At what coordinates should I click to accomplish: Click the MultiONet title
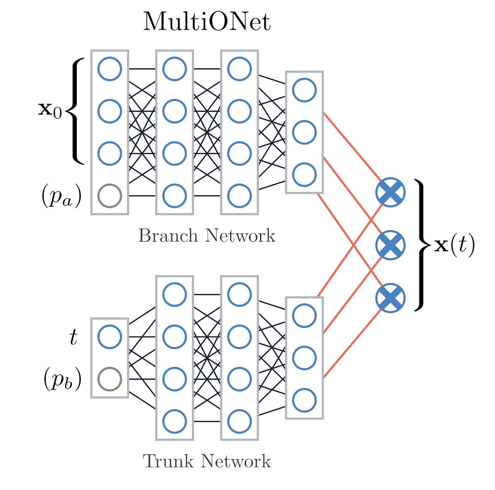click(x=207, y=21)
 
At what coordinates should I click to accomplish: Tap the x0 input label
click(x=50, y=110)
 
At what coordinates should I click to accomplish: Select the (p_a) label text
click(x=61, y=196)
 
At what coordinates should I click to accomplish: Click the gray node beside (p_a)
click(x=109, y=196)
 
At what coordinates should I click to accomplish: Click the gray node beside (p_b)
click(x=109, y=379)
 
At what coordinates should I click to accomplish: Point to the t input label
click(x=73, y=337)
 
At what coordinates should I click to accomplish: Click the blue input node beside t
click(x=109, y=337)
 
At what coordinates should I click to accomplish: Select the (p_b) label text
click(x=62, y=379)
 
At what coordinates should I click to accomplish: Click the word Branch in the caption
click(x=168, y=236)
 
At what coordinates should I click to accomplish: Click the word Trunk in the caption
click(x=169, y=461)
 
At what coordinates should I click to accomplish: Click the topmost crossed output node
click(x=390, y=192)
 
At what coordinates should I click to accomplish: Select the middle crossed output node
click(x=390, y=245)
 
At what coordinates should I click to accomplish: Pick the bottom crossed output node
click(x=390, y=298)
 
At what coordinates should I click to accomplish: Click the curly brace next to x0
click(x=76, y=111)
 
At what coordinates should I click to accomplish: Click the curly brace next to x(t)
click(x=421, y=245)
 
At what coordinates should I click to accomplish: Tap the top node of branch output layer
click(x=304, y=90)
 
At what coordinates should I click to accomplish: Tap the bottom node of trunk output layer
click(x=304, y=400)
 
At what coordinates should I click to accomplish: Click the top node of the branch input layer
click(x=109, y=69)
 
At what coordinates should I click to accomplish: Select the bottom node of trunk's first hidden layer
click(x=174, y=422)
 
